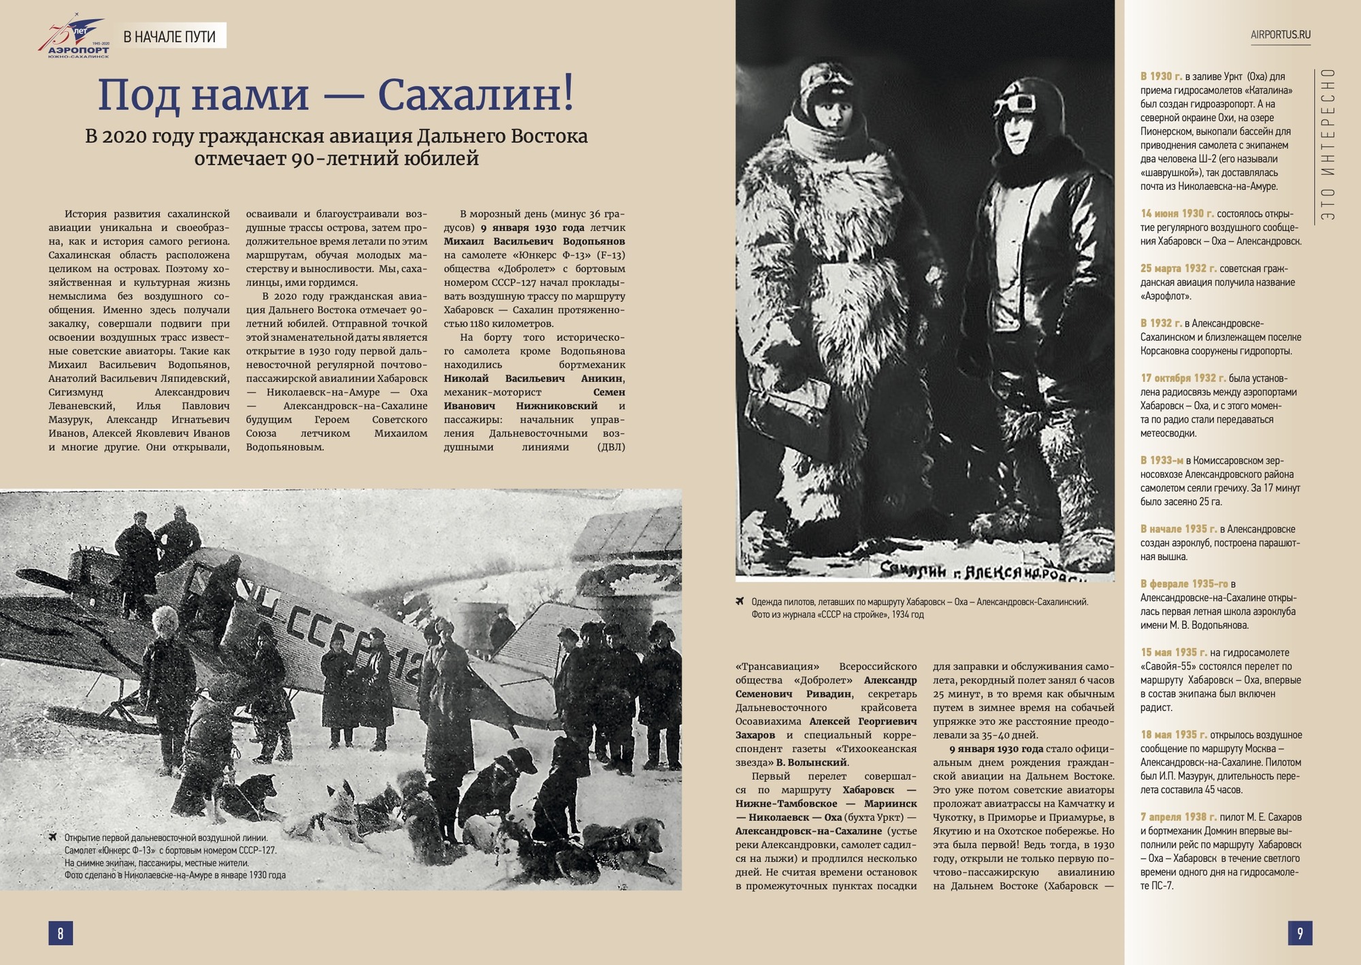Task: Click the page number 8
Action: tap(61, 933)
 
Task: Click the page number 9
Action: tap(1300, 933)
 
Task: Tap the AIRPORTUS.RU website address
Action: tap(1280, 35)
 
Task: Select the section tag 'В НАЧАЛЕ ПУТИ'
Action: tap(169, 36)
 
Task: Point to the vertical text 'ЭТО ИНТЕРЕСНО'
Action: tap(1328, 144)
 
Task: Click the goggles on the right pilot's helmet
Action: tap(1013, 103)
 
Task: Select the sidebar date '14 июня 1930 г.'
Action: tap(1177, 214)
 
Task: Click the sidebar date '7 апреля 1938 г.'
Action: tap(1178, 817)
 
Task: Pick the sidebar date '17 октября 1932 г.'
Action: tap(1183, 378)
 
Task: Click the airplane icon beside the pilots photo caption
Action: tap(740, 602)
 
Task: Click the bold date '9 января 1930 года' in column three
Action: tap(532, 228)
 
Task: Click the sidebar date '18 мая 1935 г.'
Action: tap(1174, 735)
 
